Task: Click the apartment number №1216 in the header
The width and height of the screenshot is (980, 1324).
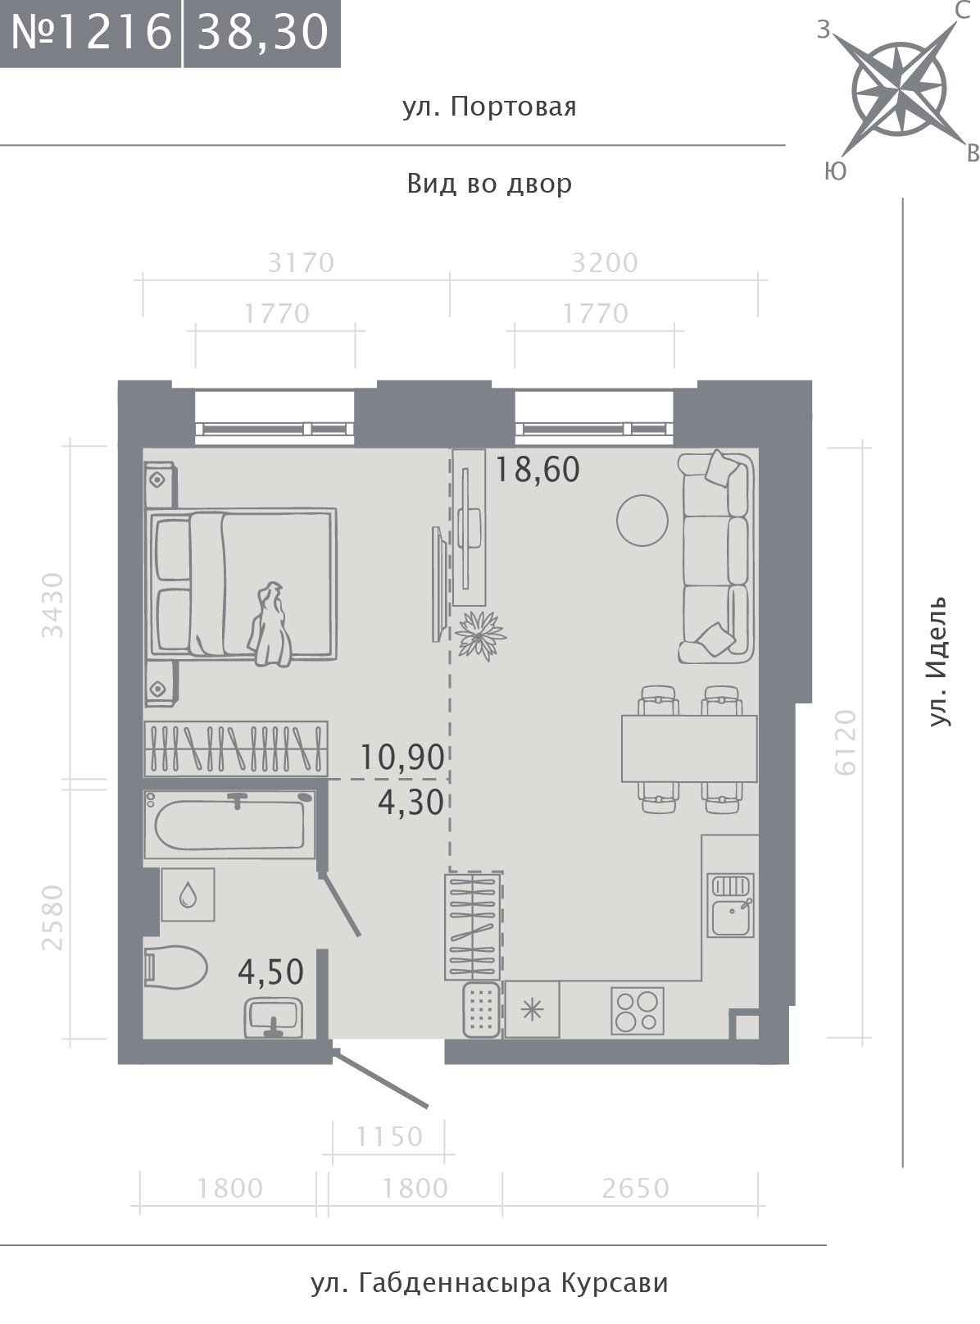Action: tap(91, 32)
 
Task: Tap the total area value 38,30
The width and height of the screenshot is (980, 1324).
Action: tap(262, 33)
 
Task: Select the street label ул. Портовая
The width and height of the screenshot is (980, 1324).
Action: tap(489, 107)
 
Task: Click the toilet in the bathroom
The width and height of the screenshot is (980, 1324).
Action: tap(175, 967)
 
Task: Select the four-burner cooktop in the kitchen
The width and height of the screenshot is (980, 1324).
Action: tap(637, 1010)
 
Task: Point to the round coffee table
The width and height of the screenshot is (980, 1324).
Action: tap(642, 521)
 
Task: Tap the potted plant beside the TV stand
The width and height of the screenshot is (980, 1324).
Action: tap(479, 635)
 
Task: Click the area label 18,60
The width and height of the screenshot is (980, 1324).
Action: tap(538, 469)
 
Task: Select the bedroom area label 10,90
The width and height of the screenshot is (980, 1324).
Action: tap(402, 758)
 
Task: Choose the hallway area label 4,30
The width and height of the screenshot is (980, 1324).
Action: tap(411, 803)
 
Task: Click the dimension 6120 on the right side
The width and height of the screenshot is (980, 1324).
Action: tap(846, 743)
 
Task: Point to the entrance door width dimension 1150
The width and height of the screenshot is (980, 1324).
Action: tap(389, 1137)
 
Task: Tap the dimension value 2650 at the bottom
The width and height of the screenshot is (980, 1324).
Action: tap(636, 1189)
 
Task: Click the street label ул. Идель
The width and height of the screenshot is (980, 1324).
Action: tap(939, 662)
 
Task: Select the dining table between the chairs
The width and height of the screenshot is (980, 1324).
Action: tap(689, 748)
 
